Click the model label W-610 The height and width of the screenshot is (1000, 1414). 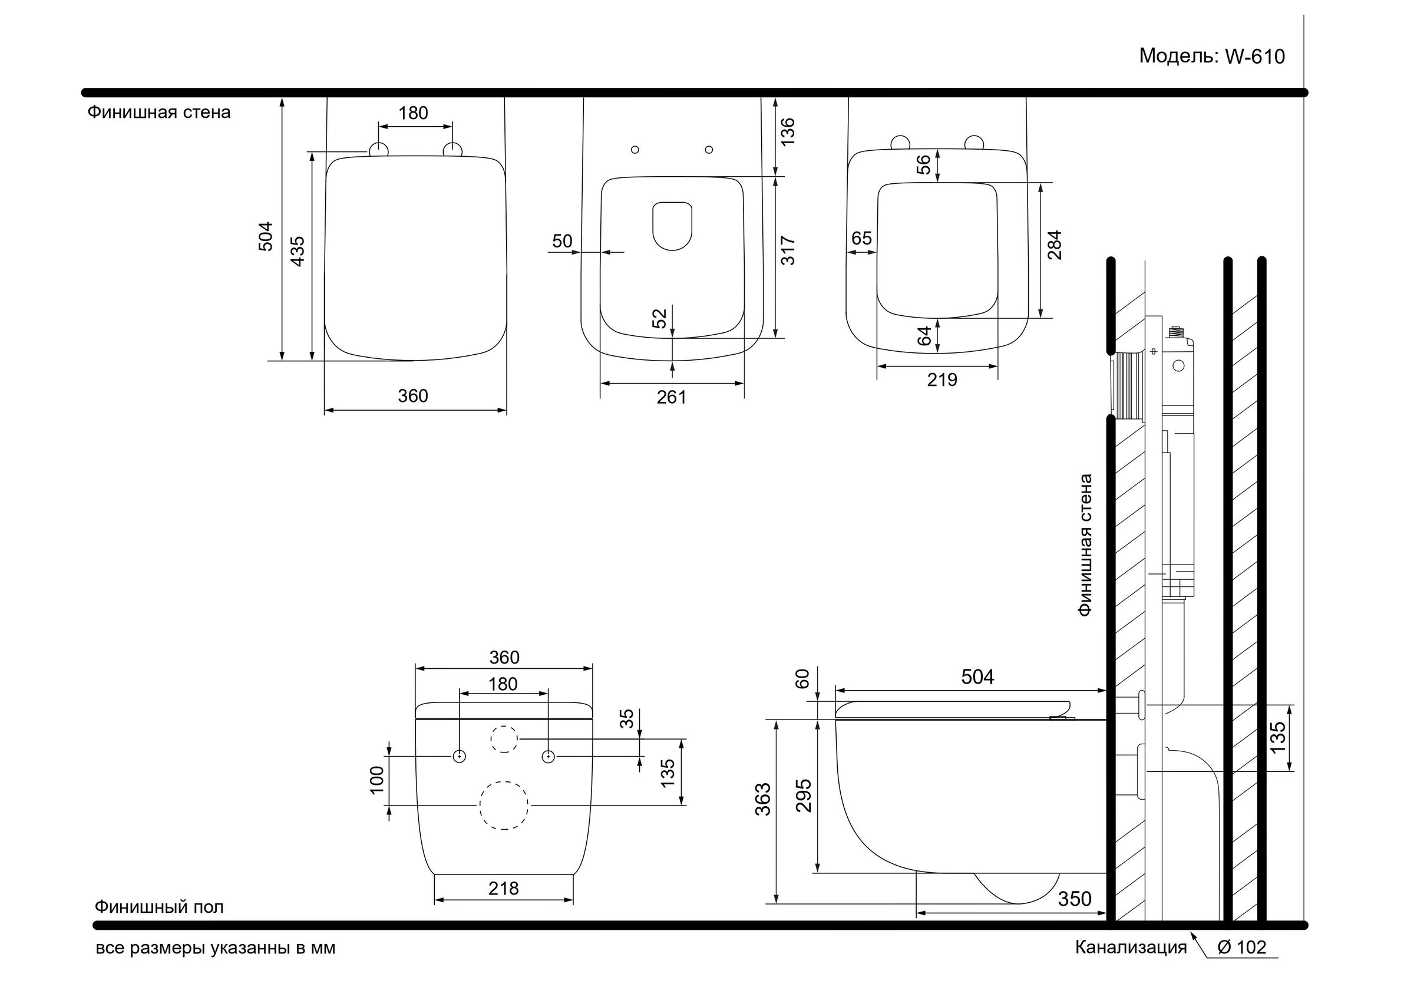(1211, 57)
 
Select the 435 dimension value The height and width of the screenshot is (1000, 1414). (298, 251)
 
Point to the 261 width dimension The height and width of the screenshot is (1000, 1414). (671, 397)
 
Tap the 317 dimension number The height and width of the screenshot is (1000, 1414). (788, 251)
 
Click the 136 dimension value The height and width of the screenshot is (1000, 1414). (788, 131)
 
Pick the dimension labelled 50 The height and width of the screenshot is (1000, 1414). (562, 241)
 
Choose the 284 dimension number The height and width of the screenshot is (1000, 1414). (1055, 245)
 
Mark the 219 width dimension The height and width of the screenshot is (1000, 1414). (942, 380)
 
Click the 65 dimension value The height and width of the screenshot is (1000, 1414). (861, 238)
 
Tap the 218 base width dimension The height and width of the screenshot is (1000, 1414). (504, 888)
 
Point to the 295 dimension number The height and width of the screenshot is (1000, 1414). (804, 796)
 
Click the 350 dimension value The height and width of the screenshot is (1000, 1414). (1075, 899)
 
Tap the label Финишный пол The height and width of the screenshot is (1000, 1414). (159, 907)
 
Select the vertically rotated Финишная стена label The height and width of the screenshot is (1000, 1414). (1085, 544)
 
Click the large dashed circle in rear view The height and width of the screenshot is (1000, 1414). (504, 806)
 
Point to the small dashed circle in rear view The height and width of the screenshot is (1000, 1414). (504, 739)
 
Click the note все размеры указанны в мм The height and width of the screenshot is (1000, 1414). (216, 948)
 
